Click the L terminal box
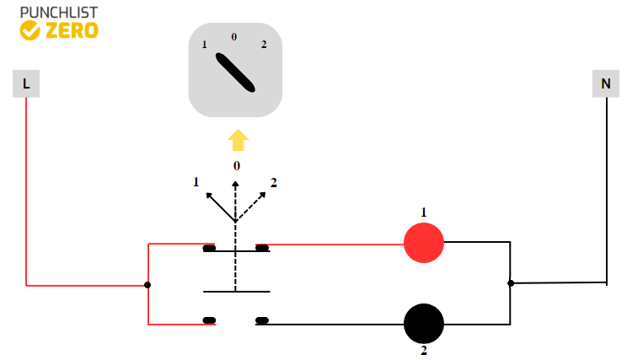pos(26,83)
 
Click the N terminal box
pos(605,83)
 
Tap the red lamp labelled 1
pos(424,244)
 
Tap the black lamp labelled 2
pos(424,324)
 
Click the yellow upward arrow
pos(238,140)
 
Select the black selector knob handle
pos(235,73)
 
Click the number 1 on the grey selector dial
pos(204,44)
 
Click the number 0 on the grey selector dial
pos(234,36)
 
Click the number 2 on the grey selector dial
pos(264,44)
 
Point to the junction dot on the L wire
pos(147,285)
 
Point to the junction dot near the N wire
pos(511,283)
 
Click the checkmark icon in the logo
pos(29,31)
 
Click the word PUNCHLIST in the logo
pos(58,13)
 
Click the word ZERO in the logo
pos(72,31)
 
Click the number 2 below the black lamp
pos(424,350)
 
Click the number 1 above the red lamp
pos(424,212)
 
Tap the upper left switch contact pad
pos(209,248)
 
